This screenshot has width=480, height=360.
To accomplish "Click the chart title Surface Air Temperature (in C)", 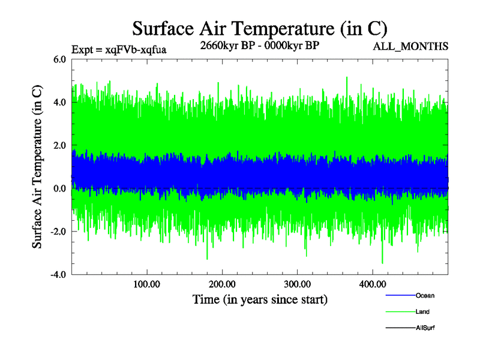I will pos(259,28).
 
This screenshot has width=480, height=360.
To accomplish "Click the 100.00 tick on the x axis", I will pos(146,284).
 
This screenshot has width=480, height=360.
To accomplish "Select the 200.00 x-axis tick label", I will pos(222,284).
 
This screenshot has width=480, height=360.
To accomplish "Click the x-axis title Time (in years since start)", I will pos(260,299).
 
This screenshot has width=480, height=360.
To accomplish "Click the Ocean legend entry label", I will pos(425,296).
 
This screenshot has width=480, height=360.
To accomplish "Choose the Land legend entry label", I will pos(422,312).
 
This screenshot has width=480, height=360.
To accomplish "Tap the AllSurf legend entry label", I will pos(425,328).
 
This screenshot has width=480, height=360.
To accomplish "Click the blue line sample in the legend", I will pos(400,296).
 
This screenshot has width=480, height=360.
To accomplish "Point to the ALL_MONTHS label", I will pos(411,47).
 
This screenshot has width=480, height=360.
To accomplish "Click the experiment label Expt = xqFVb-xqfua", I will pos(119,50).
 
